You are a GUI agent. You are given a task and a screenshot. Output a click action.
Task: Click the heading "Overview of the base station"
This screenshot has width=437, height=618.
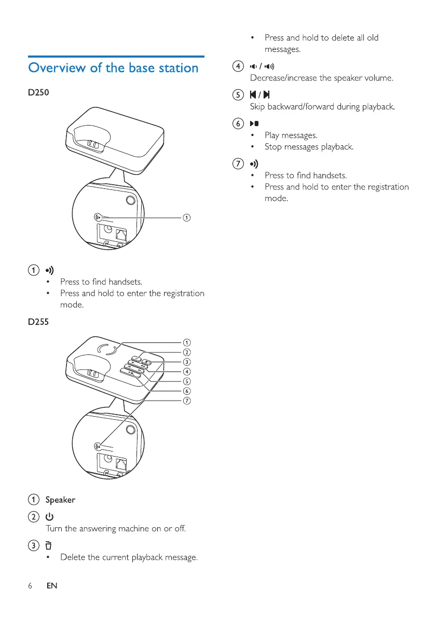(x=114, y=68)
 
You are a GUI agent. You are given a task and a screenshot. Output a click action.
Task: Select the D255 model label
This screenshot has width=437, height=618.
(x=39, y=322)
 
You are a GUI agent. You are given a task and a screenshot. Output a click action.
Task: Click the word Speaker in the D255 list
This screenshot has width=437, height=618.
(x=60, y=500)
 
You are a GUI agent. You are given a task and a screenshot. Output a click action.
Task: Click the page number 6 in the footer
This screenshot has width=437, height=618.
(x=31, y=586)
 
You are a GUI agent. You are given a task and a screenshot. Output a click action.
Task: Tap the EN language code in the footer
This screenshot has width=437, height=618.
(x=51, y=586)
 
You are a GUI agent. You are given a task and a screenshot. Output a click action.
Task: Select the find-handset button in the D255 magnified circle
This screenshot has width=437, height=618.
(x=98, y=446)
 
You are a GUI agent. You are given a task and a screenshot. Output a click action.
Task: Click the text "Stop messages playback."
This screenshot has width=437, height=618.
(x=309, y=147)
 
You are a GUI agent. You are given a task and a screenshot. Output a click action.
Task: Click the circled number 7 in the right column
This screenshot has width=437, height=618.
(x=238, y=164)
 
